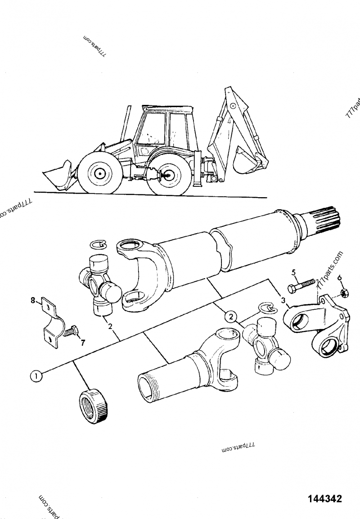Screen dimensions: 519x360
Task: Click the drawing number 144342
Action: coord(325,499)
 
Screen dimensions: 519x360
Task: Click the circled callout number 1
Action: coord(36,375)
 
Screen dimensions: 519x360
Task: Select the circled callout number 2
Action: coord(231,316)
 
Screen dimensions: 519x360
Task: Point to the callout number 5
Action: coord(293,272)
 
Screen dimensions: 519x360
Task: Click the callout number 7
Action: coord(82,343)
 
